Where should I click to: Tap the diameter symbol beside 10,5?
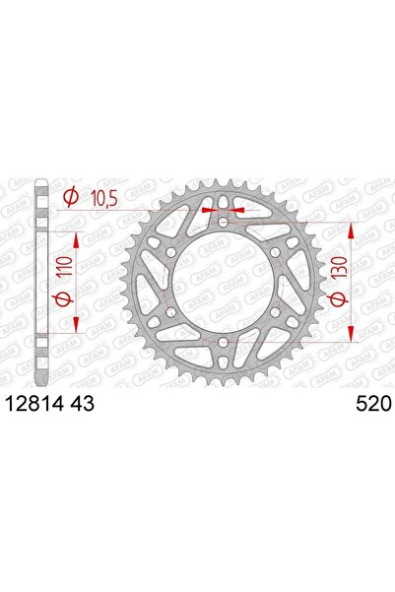pyautogui.click(x=71, y=200)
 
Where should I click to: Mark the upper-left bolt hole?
pyautogui.click(x=171, y=253)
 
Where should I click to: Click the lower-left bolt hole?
pyautogui.click(x=171, y=313)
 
